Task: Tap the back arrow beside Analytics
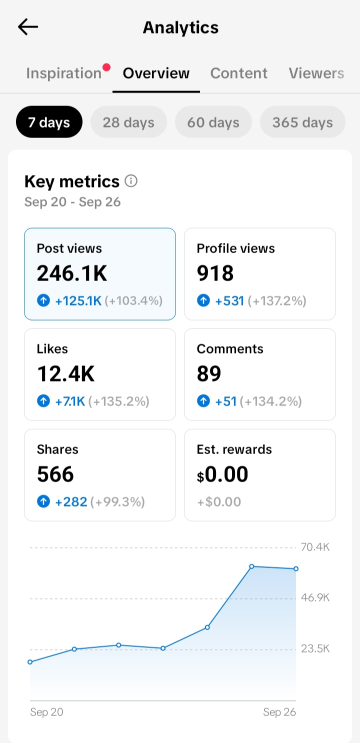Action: (28, 27)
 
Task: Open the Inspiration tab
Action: (64, 73)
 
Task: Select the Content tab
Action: (238, 73)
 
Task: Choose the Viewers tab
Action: (316, 73)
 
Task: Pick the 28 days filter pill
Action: (128, 122)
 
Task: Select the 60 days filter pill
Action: (213, 122)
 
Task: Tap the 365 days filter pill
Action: (302, 122)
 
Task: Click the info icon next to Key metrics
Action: (131, 181)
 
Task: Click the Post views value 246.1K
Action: (71, 273)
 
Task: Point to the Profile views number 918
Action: (215, 273)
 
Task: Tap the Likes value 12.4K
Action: (65, 374)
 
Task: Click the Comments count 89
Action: (208, 374)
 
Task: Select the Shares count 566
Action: (55, 474)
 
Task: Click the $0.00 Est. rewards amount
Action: (222, 474)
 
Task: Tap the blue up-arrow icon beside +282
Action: (43, 501)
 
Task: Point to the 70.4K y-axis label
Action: (315, 547)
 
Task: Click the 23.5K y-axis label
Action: (315, 648)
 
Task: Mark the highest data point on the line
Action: (252, 566)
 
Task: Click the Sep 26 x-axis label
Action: (279, 712)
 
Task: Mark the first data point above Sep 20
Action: (30, 662)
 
